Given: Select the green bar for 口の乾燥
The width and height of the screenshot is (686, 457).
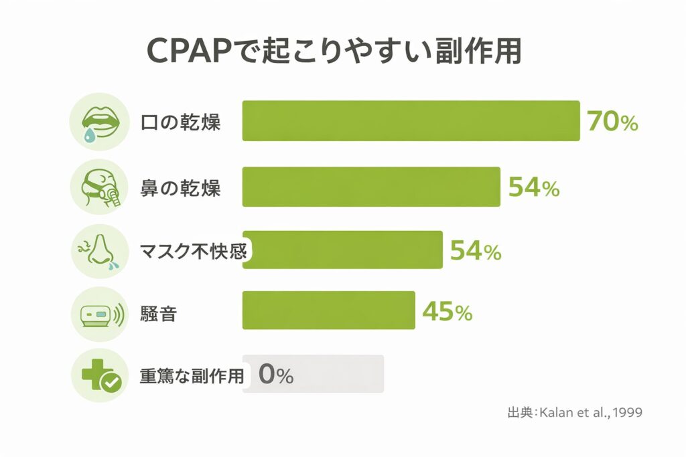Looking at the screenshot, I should (410, 121).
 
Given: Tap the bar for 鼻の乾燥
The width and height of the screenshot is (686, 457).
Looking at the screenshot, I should (370, 187).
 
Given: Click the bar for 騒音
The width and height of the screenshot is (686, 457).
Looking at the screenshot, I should (328, 310).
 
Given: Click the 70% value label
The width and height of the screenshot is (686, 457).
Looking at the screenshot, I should (612, 122).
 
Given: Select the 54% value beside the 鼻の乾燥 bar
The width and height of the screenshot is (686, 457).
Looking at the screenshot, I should (533, 188).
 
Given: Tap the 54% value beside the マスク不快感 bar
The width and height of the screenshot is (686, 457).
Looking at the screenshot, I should (475, 251).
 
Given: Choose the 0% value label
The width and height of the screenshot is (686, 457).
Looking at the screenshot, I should (275, 375).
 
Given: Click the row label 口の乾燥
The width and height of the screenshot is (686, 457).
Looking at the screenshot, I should (180, 123).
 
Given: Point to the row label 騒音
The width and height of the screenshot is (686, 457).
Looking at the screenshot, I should (158, 312).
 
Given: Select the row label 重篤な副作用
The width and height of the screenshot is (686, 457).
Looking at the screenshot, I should (192, 375).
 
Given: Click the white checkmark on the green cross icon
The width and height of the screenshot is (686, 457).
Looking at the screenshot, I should (110, 383).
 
